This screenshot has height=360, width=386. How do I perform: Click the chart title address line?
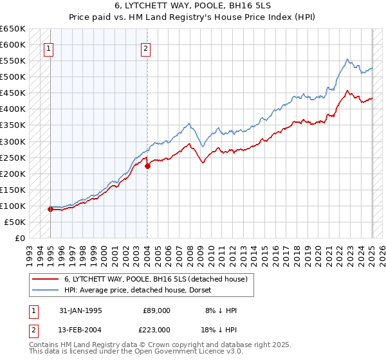(192, 6)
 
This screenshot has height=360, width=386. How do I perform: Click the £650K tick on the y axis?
(13, 29)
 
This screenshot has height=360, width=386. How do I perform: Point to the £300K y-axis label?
(13, 141)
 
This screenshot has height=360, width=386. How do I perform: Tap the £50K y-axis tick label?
(15, 222)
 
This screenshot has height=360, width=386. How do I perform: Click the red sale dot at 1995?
(50, 209)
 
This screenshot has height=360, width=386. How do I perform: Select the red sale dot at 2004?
(148, 166)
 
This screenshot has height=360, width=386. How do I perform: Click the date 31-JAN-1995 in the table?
(80, 310)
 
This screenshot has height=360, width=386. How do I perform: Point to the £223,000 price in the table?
(156, 329)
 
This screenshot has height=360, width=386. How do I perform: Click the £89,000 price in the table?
(156, 310)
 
